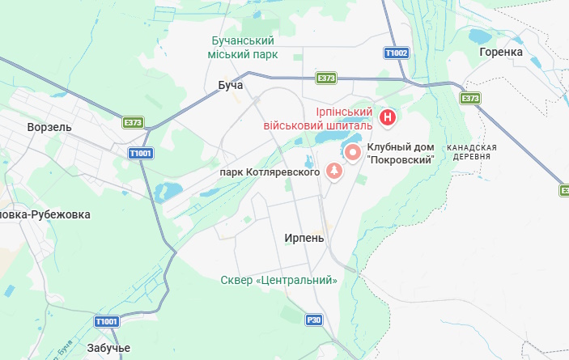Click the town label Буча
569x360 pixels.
click(231, 84)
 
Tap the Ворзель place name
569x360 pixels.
click(49, 127)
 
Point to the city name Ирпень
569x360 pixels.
click(304, 238)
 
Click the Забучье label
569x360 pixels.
click(107, 347)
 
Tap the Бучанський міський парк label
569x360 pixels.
click(244, 47)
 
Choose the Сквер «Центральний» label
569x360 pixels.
click(279, 280)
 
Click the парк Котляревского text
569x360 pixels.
click(270, 172)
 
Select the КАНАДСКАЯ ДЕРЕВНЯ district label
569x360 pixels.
click(469, 151)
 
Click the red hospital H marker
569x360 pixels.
click(389, 118)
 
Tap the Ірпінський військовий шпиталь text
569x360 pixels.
click(318, 118)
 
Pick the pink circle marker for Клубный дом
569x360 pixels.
click(353, 152)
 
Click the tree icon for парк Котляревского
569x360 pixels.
click(333, 171)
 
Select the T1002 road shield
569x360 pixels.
click(397, 53)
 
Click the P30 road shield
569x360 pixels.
click(315, 320)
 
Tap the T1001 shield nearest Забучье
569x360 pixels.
click(107, 321)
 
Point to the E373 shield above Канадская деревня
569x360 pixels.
click(469, 98)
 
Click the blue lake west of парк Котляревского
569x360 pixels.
click(169, 192)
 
